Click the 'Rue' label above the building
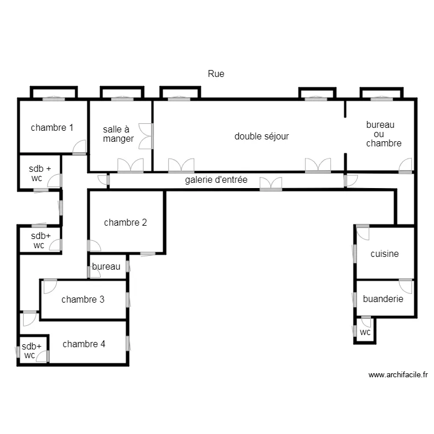point(216,74)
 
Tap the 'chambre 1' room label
point(52,128)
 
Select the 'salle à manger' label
point(118,134)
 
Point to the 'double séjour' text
point(262,137)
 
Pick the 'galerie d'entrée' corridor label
point(216,180)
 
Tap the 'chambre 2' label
point(126,222)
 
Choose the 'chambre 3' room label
point(83,299)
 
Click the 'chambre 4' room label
point(84,344)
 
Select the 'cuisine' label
point(385,253)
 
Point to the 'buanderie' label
point(383,299)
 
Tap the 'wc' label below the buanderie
point(365,332)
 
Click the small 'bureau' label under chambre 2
point(106,267)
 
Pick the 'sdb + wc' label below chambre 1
point(40,173)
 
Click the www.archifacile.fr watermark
point(398,375)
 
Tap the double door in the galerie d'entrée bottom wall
point(271,185)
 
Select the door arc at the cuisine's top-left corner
point(362,233)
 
